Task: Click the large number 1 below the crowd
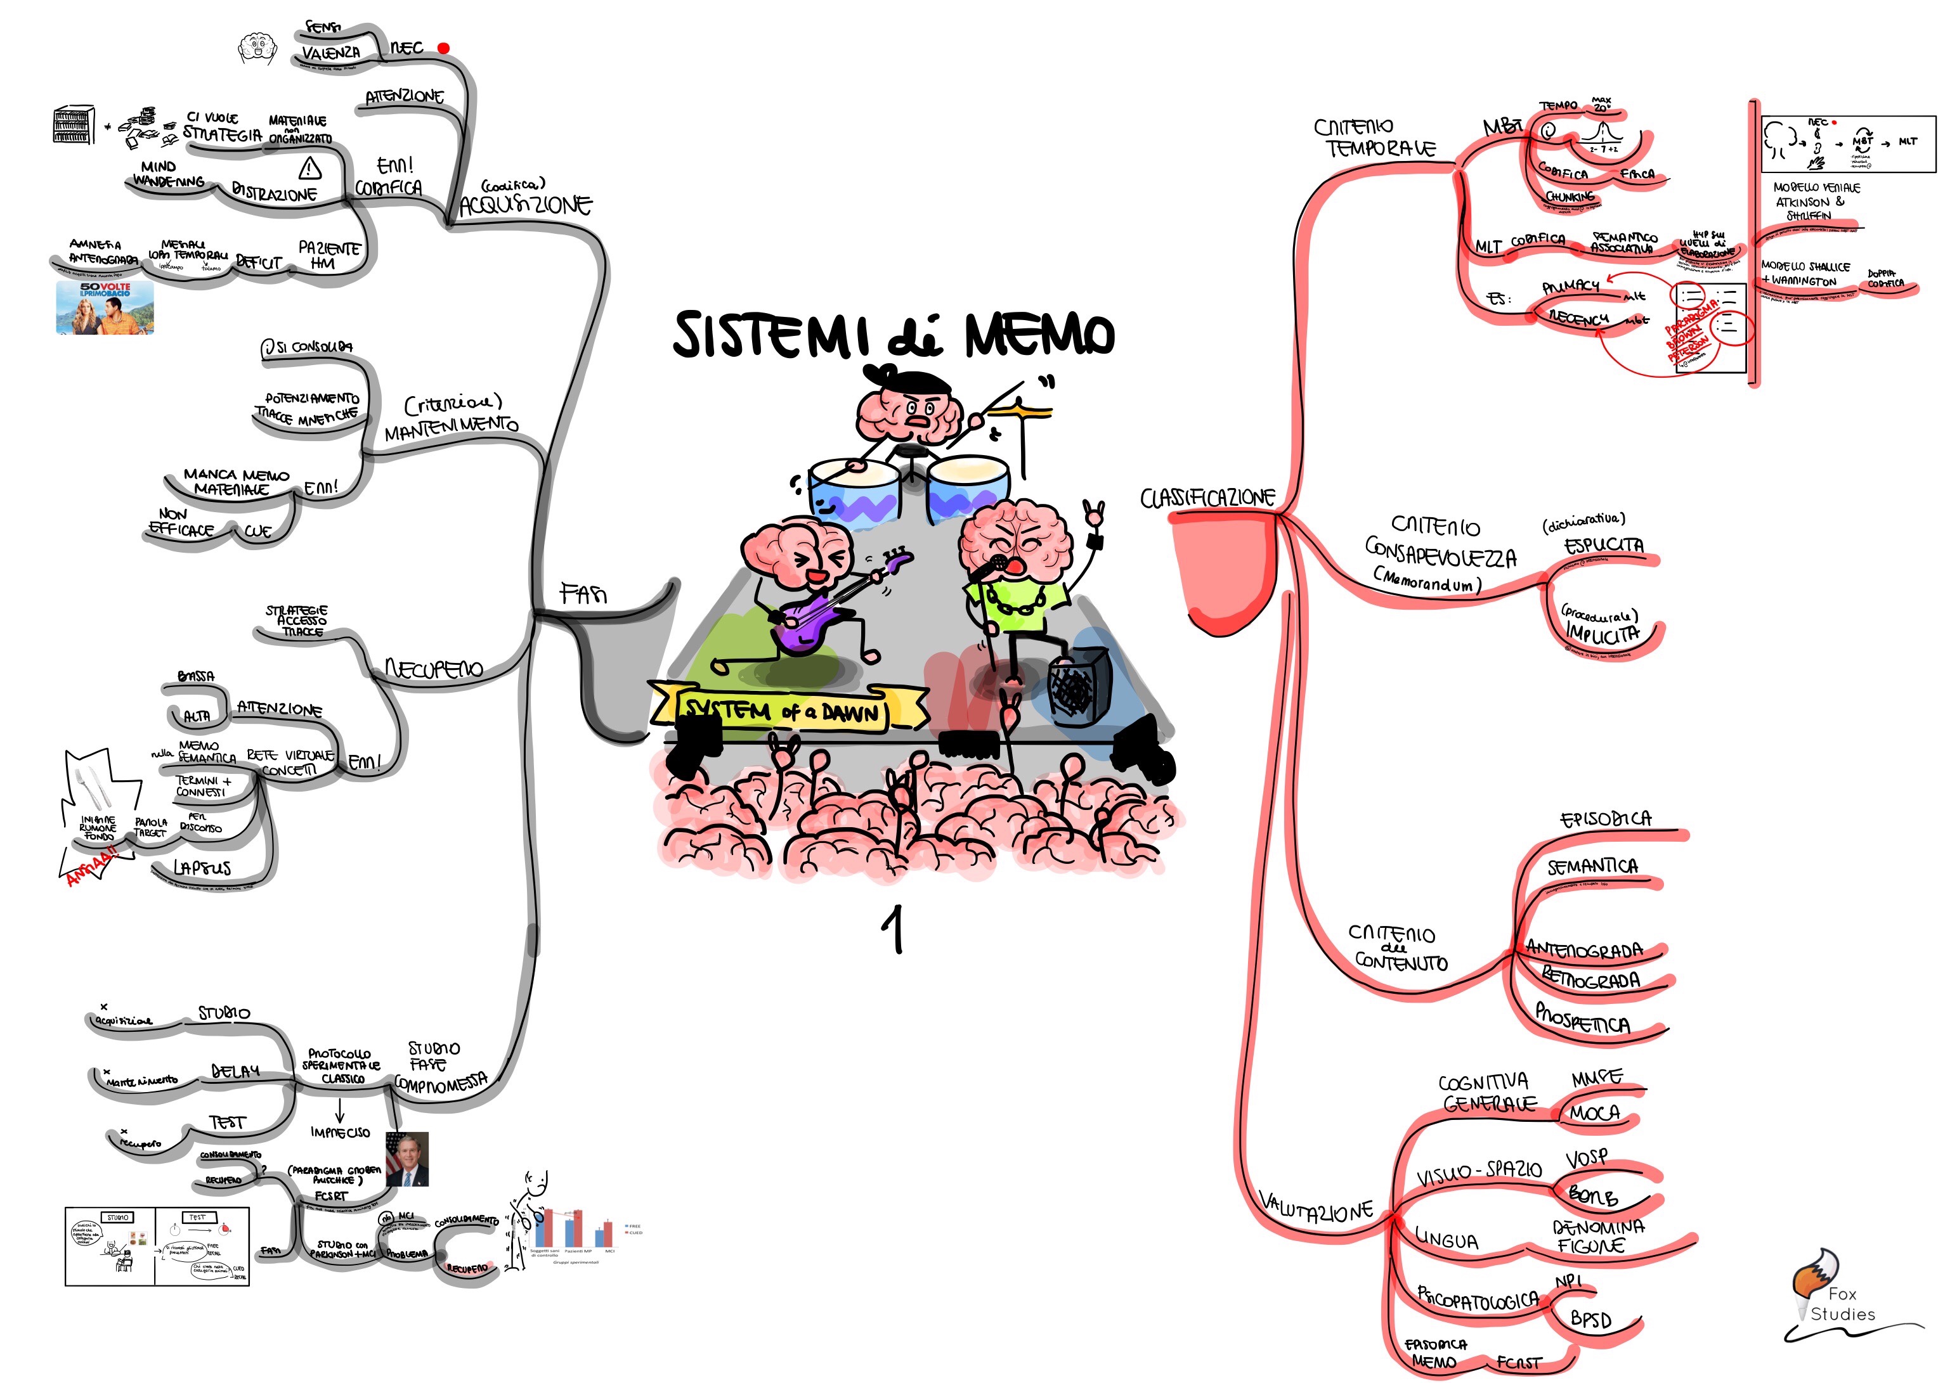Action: [894, 929]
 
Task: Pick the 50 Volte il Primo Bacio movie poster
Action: [105, 307]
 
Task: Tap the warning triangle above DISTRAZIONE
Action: [309, 167]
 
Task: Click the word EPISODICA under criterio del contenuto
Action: [1605, 820]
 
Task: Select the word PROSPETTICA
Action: [1582, 1019]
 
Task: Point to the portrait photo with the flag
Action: [407, 1159]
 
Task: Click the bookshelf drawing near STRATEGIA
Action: [74, 125]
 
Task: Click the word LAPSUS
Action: [202, 868]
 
